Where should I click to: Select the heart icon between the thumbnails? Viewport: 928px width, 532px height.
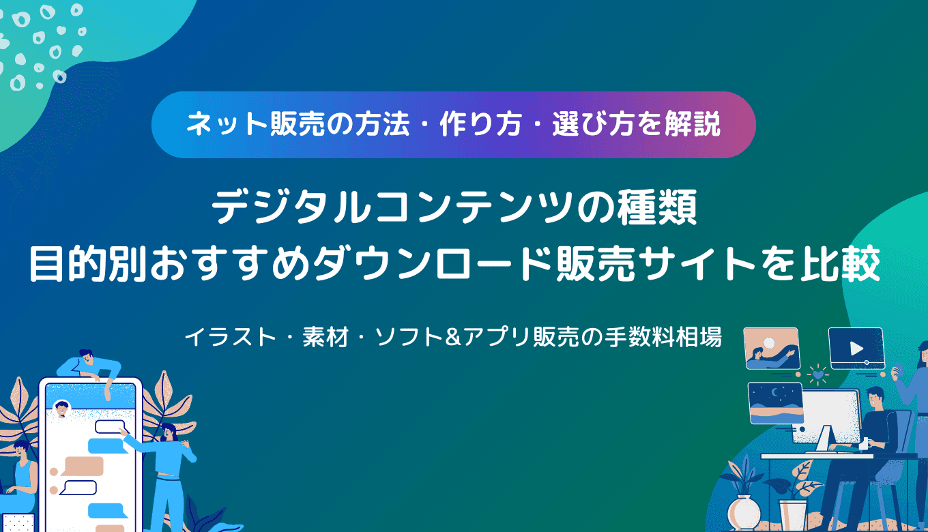tap(817, 374)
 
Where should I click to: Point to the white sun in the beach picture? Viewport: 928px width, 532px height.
tap(770, 342)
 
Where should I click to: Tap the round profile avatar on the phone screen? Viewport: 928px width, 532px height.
tap(62, 409)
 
